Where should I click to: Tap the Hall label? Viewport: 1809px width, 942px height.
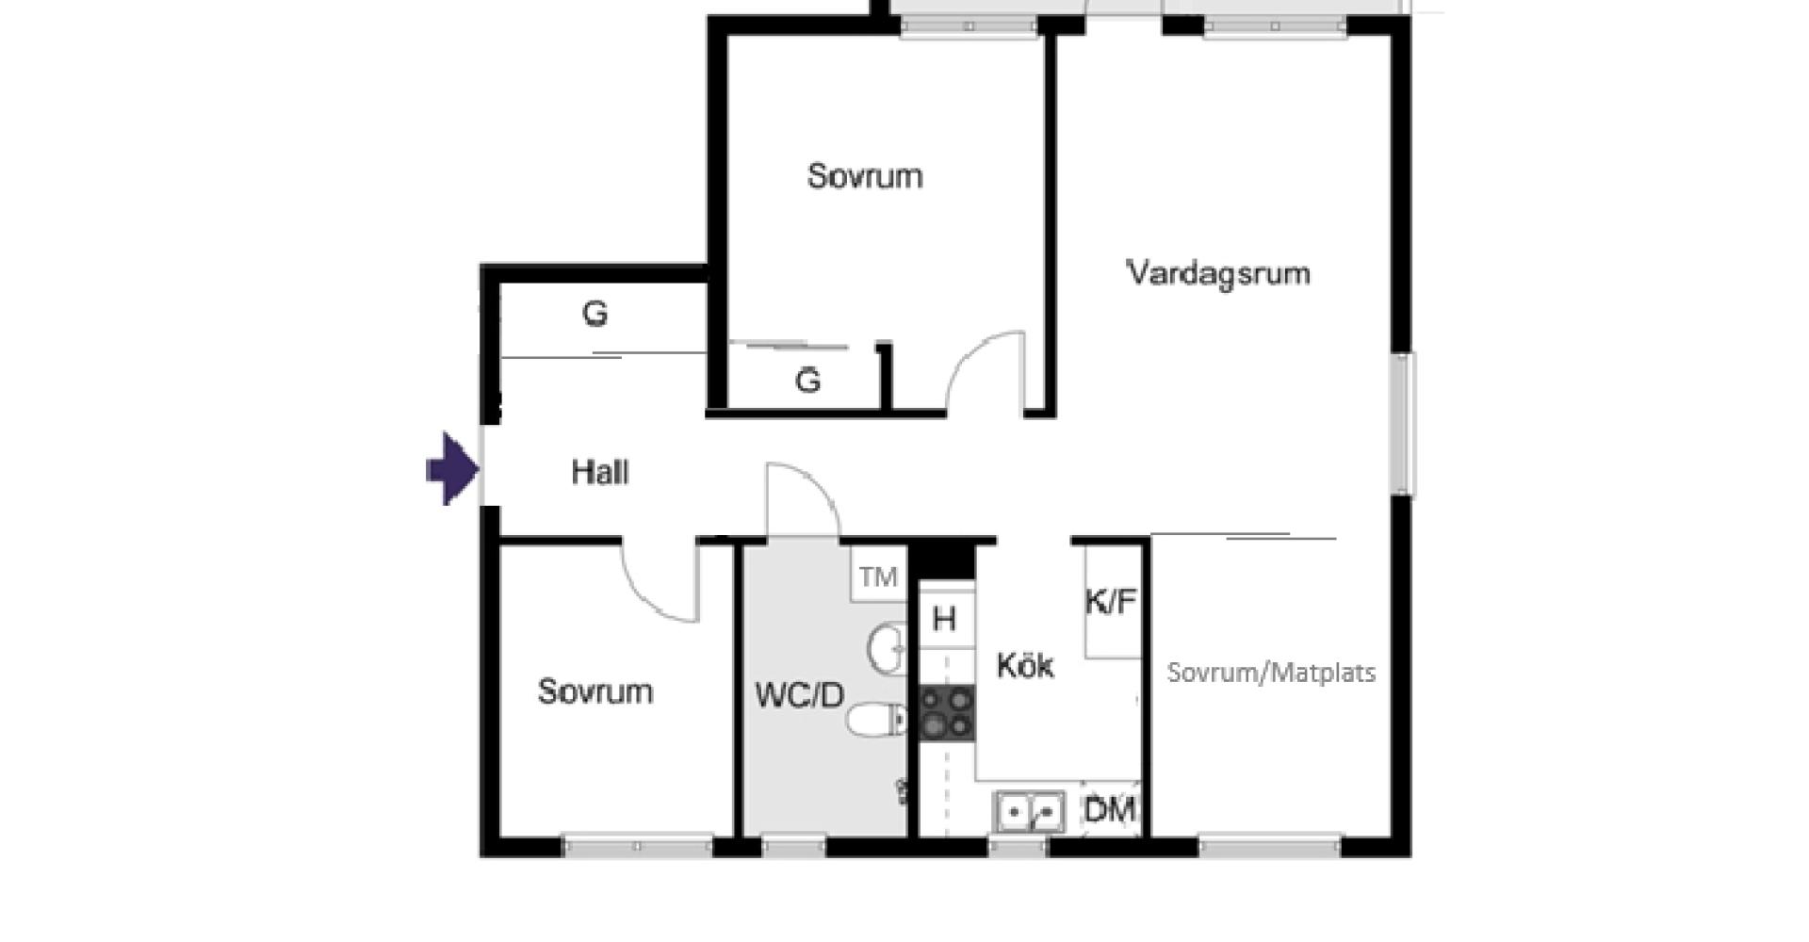coord(600,472)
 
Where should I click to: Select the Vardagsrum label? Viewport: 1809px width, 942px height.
coord(1218,273)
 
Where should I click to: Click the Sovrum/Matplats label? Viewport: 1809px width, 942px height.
coord(1271,673)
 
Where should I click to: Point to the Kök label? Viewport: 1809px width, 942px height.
coord(1025,666)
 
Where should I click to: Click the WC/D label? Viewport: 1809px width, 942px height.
coord(799,696)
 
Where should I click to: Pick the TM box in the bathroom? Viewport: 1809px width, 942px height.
coord(878,577)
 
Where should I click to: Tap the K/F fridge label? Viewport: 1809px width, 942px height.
coord(1111,602)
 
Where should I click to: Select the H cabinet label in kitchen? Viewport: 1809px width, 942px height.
coord(944,620)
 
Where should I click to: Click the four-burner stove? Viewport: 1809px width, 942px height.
coord(947,713)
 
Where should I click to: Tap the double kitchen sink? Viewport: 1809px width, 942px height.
coord(1030,811)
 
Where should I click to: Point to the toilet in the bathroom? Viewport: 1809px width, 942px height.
coord(876,722)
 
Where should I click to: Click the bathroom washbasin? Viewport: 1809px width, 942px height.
coord(887,648)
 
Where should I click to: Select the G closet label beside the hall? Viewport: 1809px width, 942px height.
coord(595,314)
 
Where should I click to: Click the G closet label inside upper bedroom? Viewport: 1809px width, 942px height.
coord(807,382)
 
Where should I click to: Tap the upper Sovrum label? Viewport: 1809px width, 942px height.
coord(865,176)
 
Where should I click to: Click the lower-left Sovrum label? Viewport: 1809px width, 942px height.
coord(595,691)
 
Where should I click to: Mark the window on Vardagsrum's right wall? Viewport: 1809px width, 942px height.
coord(1403,424)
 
